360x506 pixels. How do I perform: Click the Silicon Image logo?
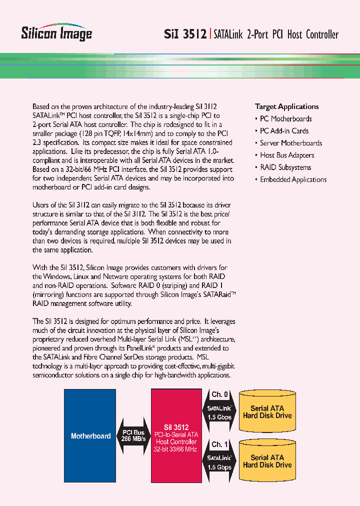click(x=56, y=31)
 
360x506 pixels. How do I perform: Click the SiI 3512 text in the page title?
click(x=185, y=34)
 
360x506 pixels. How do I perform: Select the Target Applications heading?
click(x=286, y=106)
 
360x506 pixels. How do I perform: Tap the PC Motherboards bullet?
click(x=285, y=119)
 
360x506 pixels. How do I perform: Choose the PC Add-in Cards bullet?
click(x=284, y=131)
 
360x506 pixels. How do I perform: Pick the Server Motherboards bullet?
click(x=291, y=143)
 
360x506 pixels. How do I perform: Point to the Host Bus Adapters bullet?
click(x=287, y=155)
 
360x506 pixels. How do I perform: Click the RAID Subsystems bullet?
click(x=285, y=167)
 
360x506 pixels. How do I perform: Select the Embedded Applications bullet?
click(x=293, y=179)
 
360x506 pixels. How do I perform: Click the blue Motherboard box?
click(x=90, y=436)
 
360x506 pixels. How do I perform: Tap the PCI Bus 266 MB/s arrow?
click(x=133, y=435)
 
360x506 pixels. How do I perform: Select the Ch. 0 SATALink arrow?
click(x=219, y=408)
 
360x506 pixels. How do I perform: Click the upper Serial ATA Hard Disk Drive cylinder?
click(x=267, y=412)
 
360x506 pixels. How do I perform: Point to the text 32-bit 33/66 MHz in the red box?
click(x=176, y=449)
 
